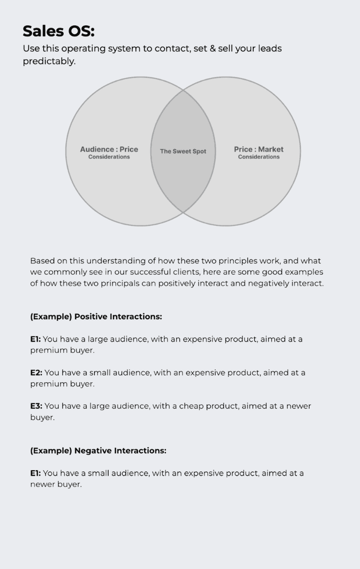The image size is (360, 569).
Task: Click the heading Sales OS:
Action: point(59,31)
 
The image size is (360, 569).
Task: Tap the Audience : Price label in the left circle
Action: point(109,149)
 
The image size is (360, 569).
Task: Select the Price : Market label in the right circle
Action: point(259,149)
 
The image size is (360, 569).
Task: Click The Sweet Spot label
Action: point(183,152)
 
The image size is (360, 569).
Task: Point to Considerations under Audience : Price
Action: point(109,157)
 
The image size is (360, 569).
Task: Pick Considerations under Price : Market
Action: point(259,157)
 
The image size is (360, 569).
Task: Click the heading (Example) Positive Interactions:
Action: point(96,317)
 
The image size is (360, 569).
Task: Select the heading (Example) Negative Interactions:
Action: point(98,451)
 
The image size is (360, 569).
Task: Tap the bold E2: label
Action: point(36,373)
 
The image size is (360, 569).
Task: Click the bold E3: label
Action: point(36,406)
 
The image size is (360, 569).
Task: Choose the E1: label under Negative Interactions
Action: point(36,473)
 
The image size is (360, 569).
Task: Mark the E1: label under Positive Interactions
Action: point(36,339)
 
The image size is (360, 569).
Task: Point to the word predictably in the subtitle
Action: point(49,62)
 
